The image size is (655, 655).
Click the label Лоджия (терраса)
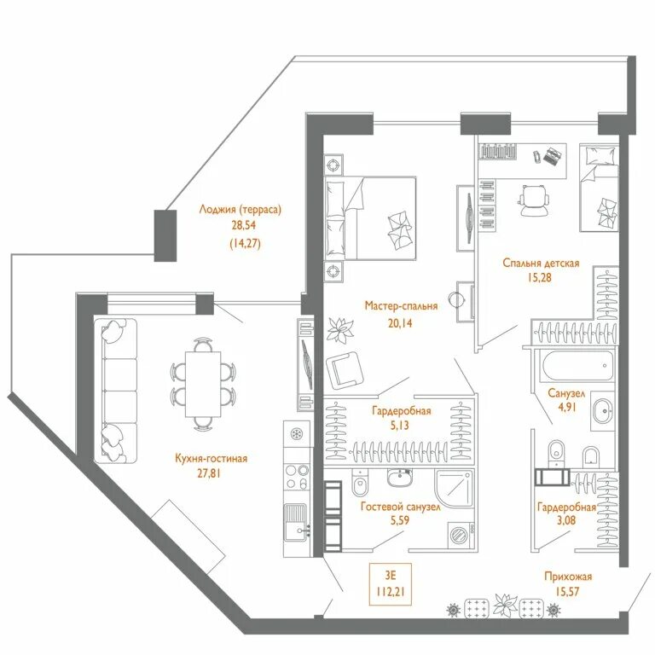[x=241, y=209]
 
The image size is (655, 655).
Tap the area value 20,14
[x=400, y=323]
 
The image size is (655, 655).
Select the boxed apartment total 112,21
[x=390, y=592]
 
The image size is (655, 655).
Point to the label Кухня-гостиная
[x=212, y=458]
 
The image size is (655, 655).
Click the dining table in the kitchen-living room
[x=203, y=384]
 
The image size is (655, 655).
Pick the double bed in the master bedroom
[x=370, y=218]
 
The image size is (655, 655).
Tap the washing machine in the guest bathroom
[x=461, y=535]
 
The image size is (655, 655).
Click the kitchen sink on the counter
[x=297, y=522]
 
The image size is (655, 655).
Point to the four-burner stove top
[x=297, y=477]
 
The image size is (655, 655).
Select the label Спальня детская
[x=541, y=264]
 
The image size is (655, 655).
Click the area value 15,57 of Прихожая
[x=567, y=592]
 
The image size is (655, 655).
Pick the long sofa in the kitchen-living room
[x=116, y=391]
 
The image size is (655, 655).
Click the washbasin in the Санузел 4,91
[x=602, y=411]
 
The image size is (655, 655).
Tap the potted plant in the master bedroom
[x=340, y=330]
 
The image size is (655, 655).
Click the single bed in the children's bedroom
[x=599, y=188]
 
